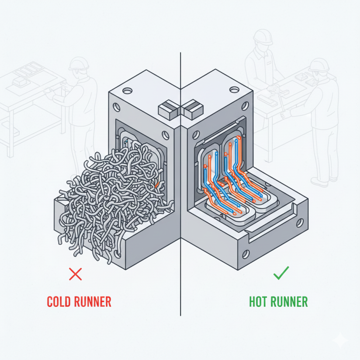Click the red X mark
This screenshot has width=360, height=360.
coord(75,274)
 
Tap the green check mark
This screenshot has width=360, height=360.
coord(281,273)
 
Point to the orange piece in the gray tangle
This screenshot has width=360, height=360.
coord(156,184)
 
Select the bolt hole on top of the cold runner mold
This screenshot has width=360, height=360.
coord(127,91)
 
